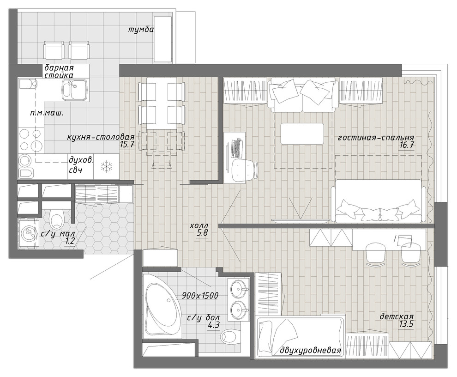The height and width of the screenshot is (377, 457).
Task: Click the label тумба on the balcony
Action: click(141, 30)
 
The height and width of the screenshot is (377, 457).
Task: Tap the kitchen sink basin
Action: click(75, 90)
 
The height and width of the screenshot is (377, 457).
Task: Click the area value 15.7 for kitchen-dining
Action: click(126, 144)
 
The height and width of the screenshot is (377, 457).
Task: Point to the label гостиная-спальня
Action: click(376, 138)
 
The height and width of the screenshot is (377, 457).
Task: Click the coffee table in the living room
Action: click(302, 134)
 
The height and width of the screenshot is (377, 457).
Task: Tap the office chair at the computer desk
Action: click(244, 170)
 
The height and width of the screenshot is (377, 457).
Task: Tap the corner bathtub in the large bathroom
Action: click(161, 306)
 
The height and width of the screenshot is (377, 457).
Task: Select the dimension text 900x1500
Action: click(200, 296)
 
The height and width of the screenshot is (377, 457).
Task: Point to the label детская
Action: click(397, 316)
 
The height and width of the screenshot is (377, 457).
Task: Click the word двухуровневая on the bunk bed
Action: click(310, 351)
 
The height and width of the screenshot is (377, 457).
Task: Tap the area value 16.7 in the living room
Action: click(407, 145)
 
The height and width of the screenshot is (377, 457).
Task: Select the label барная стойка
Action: click(59, 72)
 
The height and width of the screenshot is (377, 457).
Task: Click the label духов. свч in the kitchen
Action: click(81, 165)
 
